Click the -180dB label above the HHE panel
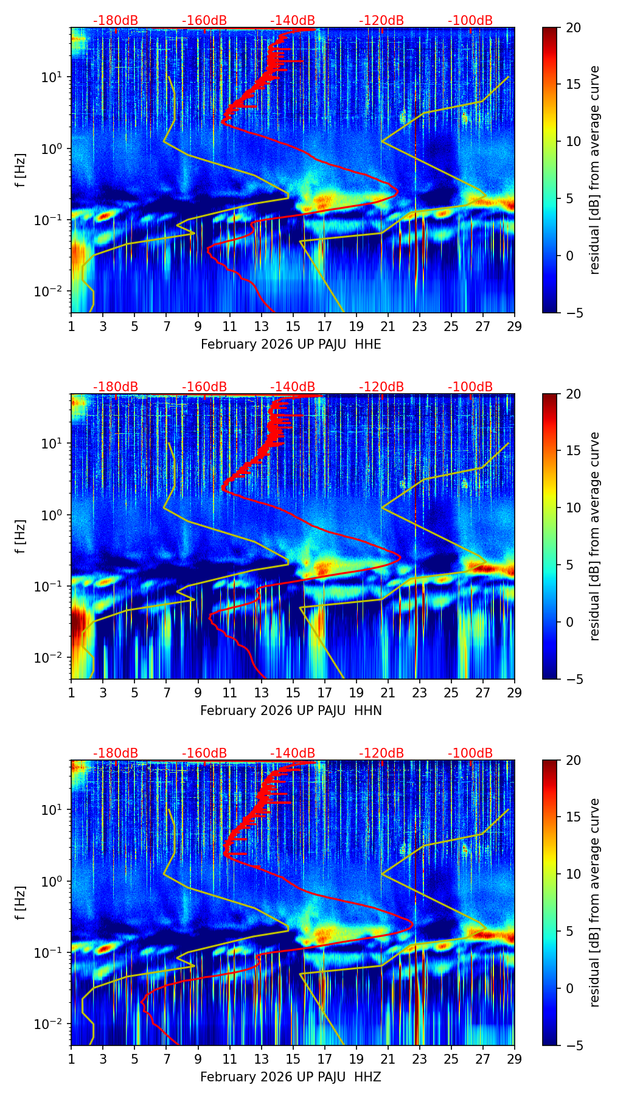[116, 21]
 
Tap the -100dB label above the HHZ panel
[470, 753]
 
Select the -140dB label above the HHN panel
[293, 387]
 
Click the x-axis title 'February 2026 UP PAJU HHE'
[291, 344]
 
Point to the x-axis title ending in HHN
[291, 711]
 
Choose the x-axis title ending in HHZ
[291, 1077]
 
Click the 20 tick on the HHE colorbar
[573, 27]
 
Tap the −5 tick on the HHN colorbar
[573, 679]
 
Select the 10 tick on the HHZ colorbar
[573, 874]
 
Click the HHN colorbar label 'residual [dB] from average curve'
[594, 536]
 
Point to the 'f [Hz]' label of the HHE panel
[20, 170]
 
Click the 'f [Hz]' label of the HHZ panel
[20, 902]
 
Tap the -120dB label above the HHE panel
[381, 21]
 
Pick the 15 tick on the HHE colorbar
[573, 85]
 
